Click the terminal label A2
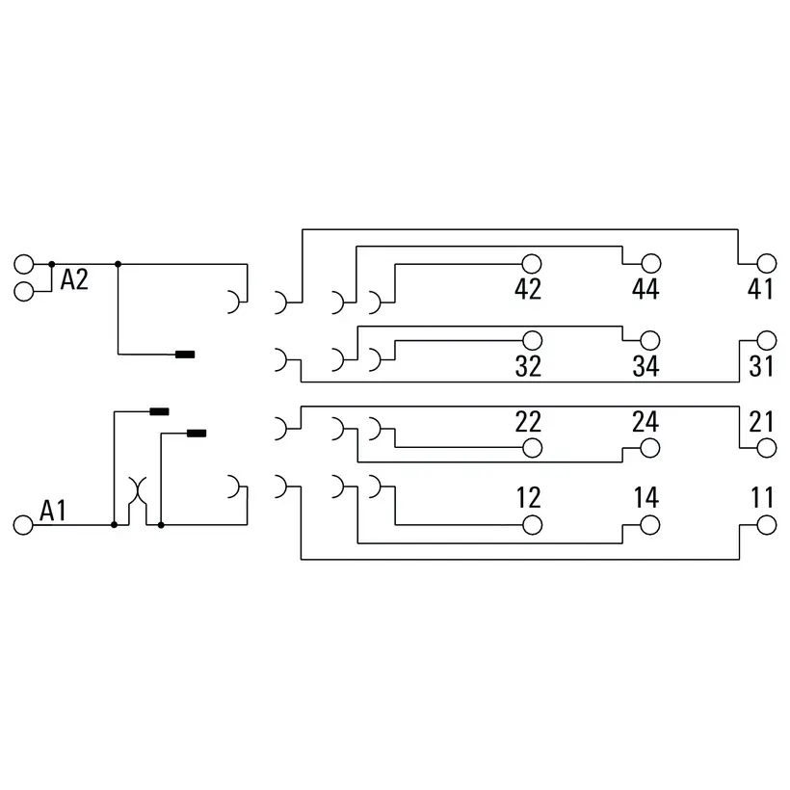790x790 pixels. pos(74,279)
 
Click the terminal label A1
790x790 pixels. pos(53,511)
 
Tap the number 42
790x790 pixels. pos(528,289)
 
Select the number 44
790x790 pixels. pos(645,289)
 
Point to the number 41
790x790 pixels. pos(760,289)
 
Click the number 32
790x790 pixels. pos(528,366)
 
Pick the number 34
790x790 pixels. pos(645,366)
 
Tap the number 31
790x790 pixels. pos(761,366)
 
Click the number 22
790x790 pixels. pos(528,422)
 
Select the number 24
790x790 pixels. pos(645,422)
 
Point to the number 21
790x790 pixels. pos(761,422)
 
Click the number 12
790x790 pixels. pos(529,498)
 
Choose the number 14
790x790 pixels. pos(646,498)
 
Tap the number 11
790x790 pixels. pos(762,498)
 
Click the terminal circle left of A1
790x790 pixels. pos(23,525)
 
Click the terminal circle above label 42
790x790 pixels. pos(532,264)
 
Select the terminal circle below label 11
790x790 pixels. pos(766,525)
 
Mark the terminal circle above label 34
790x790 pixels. pos(650,341)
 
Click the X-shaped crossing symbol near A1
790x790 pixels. pos(138,491)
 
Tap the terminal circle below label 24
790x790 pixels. pos(650,448)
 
